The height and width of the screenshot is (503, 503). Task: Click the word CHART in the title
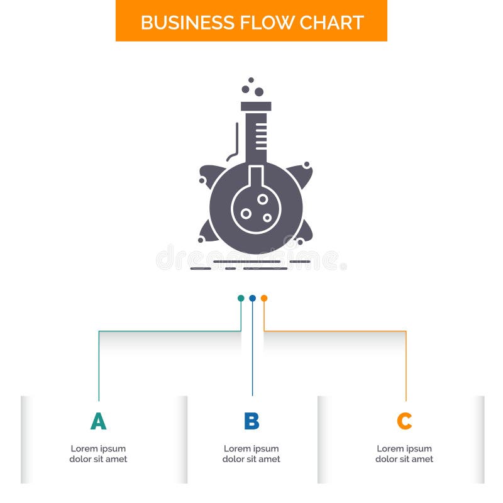click(x=331, y=23)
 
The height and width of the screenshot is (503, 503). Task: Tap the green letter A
click(x=98, y=421)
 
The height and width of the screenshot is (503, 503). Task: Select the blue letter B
click(x=251, y=421)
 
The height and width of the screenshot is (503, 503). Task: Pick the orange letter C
click(x=404, y=421)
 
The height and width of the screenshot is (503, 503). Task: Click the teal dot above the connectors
click(x=241, y=298)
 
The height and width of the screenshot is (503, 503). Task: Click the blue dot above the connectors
click(x=252, y=298)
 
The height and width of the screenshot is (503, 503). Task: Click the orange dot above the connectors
click(x=264, y=298)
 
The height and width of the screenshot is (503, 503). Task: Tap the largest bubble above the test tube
click(x=258, y=92)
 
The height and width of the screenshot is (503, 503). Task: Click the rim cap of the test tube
click(x=256, y=106)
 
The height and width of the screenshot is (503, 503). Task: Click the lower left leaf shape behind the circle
click(x=209, y=233)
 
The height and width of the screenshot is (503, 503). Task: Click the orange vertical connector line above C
click(x=406, y=365)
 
